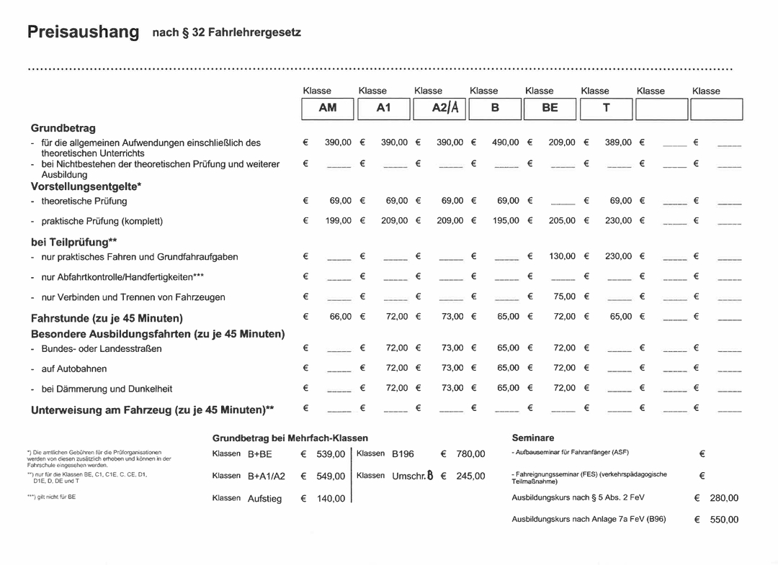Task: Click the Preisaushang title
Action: (x=83, y=32)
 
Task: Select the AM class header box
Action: (x=328, y=108)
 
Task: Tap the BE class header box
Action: (x=550, y=108)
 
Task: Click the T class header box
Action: (x=606, y=108)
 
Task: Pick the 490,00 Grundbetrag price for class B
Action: (x=505, y=143)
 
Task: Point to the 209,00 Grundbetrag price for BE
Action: (x=562, y=143)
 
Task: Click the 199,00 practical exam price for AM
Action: (x=338, y=221)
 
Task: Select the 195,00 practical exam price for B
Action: (x=505, y=221)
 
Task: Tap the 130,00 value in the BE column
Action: (x=562, y=256)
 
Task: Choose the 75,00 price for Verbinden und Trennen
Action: (x=564, y=297)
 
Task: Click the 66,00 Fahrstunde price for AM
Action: (x=340, y=317)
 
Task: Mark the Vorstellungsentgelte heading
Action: (x=86, y=186)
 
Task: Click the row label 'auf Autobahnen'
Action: (x=74, y=369)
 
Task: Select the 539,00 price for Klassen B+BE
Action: (x=331, y=454)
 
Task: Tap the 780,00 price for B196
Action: (x=470, y=454)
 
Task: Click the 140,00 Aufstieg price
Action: (x=331, y=499)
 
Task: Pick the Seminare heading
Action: (x=533, y=438)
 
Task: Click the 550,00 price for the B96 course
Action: (x=724, y=520)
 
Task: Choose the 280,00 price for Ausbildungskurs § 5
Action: (x=724, y=498)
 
